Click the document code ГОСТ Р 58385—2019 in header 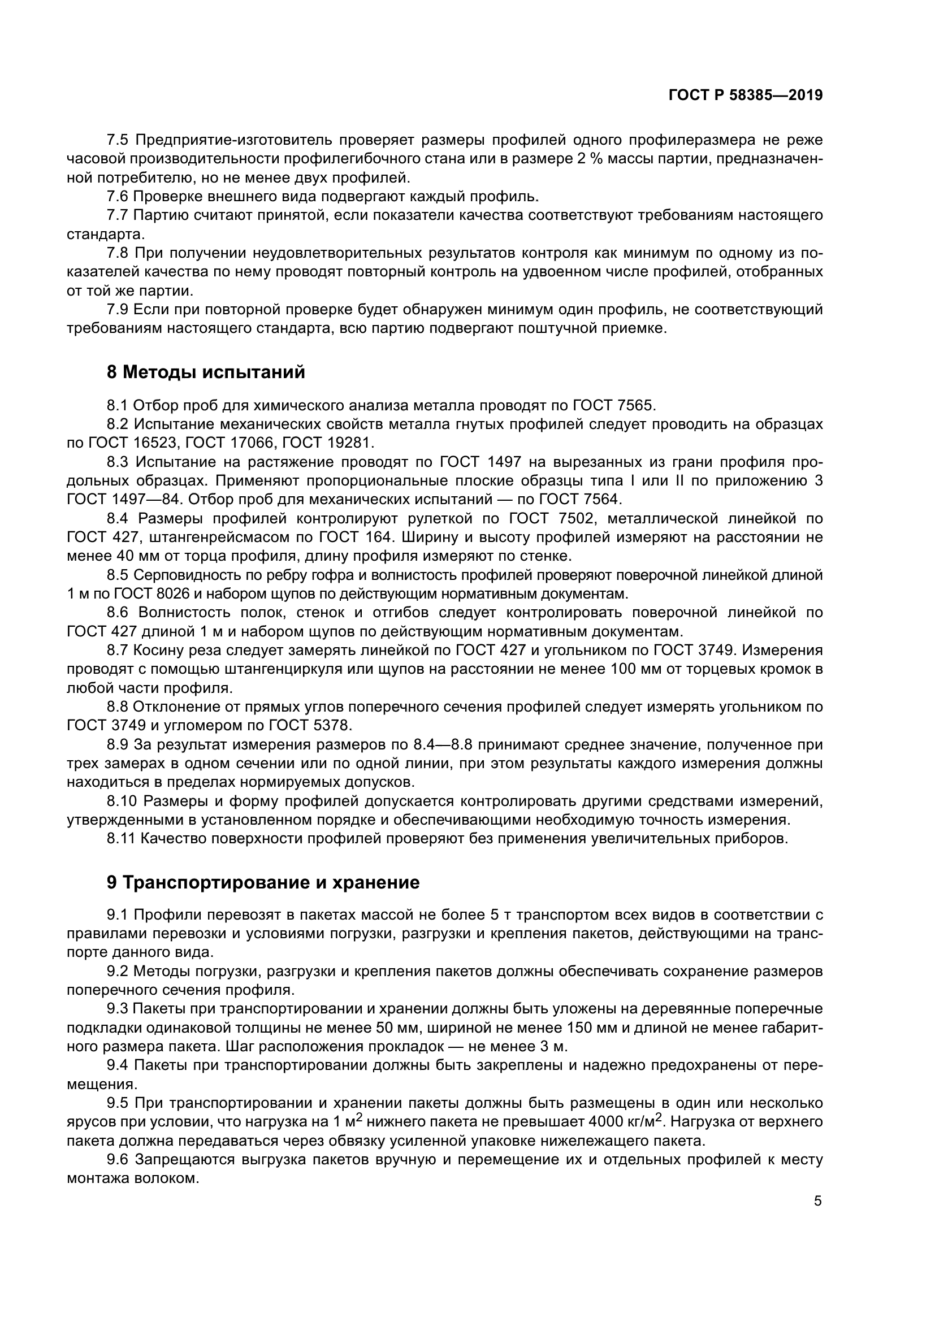tap(745, 96)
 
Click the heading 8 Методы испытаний tap(206, 372)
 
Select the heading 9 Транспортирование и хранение tap(263, 883)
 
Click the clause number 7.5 tap(119, 140)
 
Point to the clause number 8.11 tap(122, 839)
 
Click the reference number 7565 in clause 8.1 tap(635, 406)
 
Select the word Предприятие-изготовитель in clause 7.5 tap(232, 140)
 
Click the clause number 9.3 tap(119, 1009)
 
